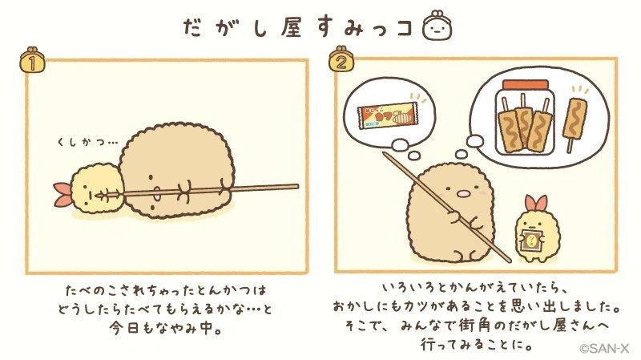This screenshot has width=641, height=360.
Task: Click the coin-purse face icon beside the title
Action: (x=437, y=27)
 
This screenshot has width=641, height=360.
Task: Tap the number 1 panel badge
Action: (x=32, y=63)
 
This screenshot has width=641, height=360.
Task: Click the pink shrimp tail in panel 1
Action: (x=62, y=193)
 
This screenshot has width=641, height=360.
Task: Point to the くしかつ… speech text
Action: (x=87, y=143)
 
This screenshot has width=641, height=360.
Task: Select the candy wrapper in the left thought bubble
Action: (x=387, y=115)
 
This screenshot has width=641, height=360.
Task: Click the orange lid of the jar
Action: (x=526, y=85)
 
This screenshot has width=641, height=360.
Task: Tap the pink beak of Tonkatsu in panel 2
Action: (x=463, y=193)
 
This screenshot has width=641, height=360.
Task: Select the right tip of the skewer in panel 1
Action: (x=297, y=187)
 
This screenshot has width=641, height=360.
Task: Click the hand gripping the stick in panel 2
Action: (x=452, y=216)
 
